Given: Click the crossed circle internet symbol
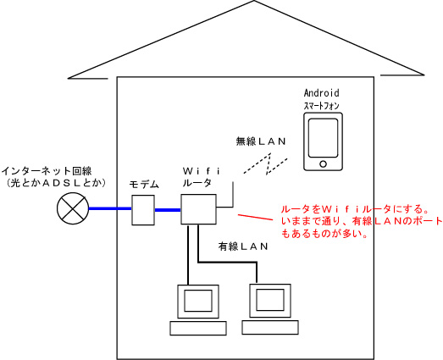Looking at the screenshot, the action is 73,208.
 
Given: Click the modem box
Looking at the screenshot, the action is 143,210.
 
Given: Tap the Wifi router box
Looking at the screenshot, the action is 198,209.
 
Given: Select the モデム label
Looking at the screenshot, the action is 144,185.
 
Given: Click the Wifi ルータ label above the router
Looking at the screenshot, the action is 201,177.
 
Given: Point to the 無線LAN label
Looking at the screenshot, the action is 261,141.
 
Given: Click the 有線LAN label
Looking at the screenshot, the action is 243,246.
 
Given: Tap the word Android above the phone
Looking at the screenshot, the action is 322,92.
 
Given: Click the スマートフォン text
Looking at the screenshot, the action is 322,106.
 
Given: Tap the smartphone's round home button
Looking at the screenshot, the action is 324,163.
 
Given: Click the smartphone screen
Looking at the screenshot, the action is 324,138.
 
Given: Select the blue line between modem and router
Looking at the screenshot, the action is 168,210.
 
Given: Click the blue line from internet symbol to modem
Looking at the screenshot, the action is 110,209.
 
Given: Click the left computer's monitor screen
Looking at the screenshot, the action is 198,301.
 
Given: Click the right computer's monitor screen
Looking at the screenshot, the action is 270,300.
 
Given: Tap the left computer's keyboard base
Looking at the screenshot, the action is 198,328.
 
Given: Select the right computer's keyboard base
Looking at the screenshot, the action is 270,327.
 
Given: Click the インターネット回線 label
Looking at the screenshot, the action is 47,171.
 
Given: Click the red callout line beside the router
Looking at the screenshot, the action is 256,218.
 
